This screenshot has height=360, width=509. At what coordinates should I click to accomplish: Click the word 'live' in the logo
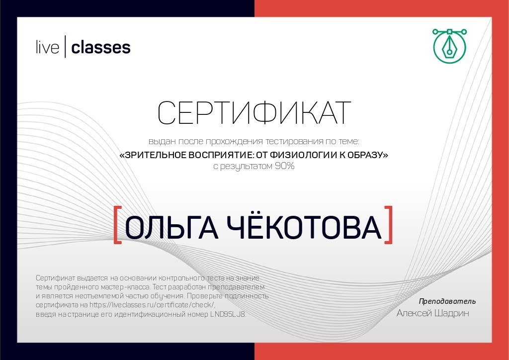tap(48, 48)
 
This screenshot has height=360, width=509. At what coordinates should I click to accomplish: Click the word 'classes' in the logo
tap(101, 48)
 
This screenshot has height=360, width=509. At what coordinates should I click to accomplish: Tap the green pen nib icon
tap(449, 48)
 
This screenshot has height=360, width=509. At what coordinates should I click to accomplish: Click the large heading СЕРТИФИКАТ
tap(254, 113)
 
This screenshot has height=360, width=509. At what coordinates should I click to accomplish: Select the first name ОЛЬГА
tap(171, 228)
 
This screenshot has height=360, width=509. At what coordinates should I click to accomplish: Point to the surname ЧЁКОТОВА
tap(304, 228)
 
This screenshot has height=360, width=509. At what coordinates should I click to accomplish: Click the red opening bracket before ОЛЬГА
tap(118, 225)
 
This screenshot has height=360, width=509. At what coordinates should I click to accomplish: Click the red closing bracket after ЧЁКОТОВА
tap(389, 225)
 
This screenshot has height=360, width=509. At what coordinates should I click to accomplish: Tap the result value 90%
tap(285, 167)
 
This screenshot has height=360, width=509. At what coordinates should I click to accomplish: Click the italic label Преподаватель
tap(447, 301)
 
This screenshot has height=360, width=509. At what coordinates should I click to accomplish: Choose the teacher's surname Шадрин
tap(451, 313)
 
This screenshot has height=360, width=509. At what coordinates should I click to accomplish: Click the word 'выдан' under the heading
tap(158, 141)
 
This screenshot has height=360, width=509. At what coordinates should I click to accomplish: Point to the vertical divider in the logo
tap(65, 48)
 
